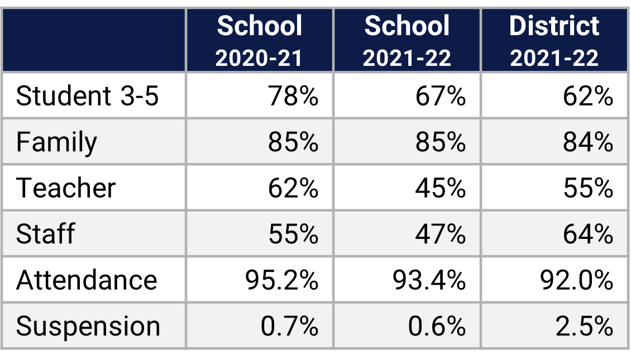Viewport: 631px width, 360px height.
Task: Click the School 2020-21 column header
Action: (260, 41)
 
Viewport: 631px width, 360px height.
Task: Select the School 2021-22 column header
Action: (407, 41)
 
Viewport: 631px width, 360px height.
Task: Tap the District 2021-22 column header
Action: (554, 41)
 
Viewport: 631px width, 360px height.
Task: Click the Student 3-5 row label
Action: (88, 96)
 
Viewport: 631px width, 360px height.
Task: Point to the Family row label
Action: (56, 142)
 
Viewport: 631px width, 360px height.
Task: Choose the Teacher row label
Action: (66, 188)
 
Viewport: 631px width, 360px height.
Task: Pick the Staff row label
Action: (45, 233)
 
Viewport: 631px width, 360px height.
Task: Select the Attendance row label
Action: (87, 279)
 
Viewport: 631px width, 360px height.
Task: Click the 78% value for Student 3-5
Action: (293, 96)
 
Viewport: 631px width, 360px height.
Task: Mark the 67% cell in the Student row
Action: (441, 96)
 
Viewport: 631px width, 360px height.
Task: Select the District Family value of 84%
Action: (588, 142)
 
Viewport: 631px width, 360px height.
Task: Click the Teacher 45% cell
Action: (441, 188)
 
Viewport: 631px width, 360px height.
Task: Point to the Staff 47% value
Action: (441, 233)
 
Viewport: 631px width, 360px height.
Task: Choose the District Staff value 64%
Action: (588, 233)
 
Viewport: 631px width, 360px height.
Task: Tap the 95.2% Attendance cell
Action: (282, 279)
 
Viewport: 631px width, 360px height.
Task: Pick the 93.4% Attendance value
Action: (429, 279)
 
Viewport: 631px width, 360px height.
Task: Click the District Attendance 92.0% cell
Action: (577, 279)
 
